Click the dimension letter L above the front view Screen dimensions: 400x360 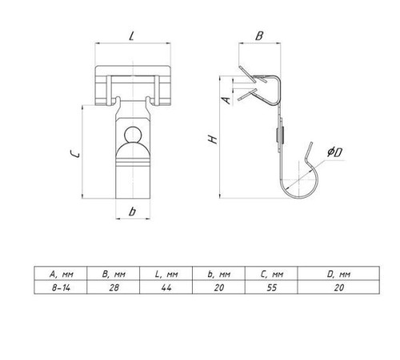click(131, 36)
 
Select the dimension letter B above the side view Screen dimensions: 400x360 click(259, 36)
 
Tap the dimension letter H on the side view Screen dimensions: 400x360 click(213, 139)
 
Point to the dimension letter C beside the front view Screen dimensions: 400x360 click(74, 154)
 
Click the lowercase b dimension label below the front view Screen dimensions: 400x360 click(132, 211)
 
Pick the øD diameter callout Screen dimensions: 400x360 click(334, 152)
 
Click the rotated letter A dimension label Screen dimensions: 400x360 click(226, 100)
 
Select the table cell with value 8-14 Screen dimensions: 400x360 click(61, 287)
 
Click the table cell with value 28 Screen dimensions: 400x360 click(114, 287)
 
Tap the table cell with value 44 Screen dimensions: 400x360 click(166, 287)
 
